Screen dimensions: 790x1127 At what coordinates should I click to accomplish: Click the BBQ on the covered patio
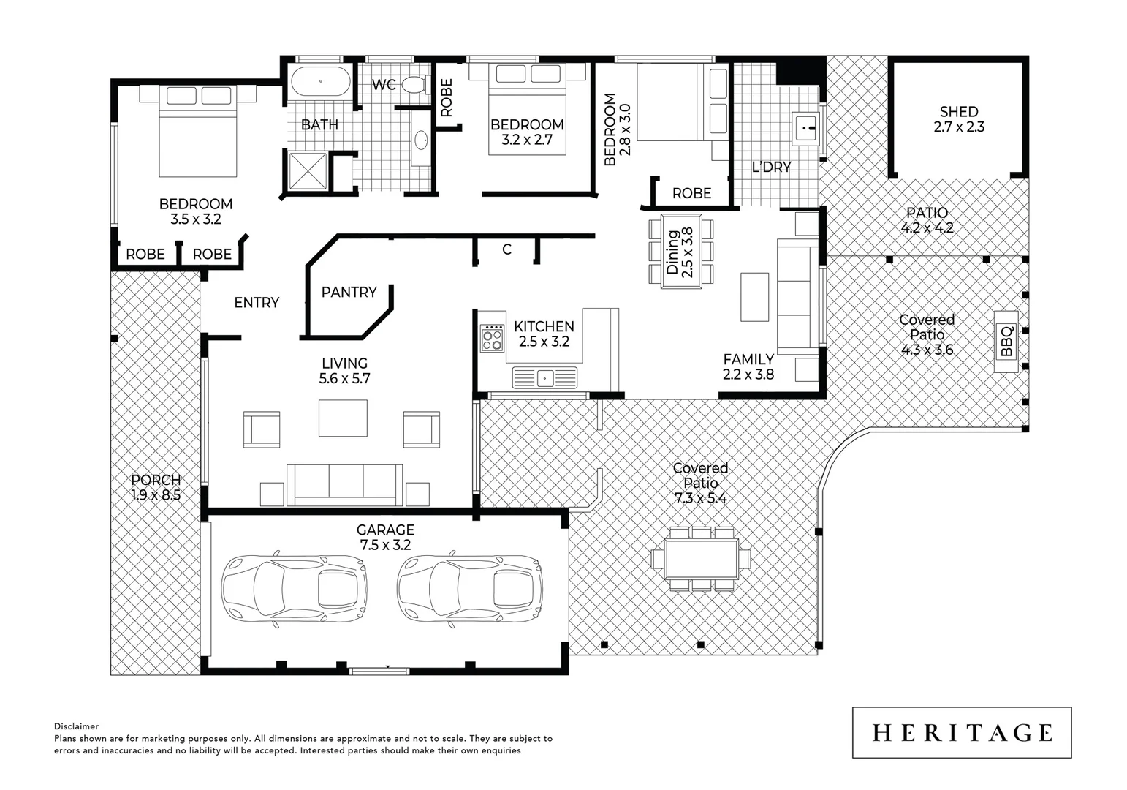(1006, 341)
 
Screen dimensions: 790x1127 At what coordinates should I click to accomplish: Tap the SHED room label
(958, 112)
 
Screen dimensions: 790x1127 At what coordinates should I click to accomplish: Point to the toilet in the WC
(414, 85)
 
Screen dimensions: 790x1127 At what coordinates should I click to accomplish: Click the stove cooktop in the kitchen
(492, 339)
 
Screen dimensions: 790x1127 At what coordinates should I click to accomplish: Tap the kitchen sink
(544, 378)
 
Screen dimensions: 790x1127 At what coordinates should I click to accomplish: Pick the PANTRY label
(349, 292)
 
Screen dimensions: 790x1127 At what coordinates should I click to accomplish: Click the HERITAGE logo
(962, 732)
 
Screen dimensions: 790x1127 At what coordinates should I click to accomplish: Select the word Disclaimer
(76, 726)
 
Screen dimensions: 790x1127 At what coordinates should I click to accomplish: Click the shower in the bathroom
(307, 170)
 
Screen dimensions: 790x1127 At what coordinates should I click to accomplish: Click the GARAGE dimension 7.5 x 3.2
(385, 545)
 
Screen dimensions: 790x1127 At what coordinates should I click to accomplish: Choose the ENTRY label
(257, 302)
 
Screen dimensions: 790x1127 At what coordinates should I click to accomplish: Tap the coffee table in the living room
(343, 418)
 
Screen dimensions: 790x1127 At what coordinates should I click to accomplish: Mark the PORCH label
(156, 480)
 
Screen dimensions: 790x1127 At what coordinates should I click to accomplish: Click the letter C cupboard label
(506, 249)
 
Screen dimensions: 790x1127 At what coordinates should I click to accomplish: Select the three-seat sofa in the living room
(344, 484)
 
